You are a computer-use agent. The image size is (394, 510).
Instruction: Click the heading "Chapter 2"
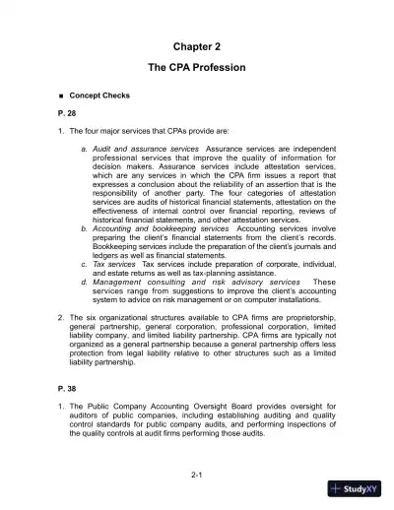coord(196,46)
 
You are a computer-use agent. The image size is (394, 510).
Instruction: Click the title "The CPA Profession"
coord(196,67)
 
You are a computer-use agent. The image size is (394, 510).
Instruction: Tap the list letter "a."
coord(85,149)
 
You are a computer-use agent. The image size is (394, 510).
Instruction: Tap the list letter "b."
coord(85,226)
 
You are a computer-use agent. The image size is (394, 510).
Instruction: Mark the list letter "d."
coord(85,283)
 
